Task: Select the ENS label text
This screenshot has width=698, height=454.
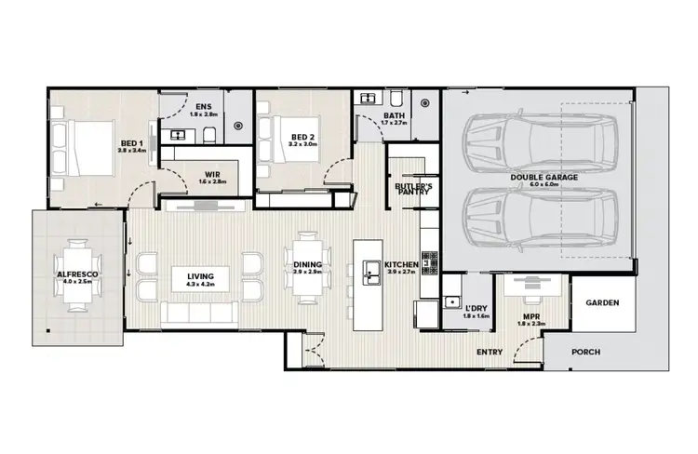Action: (x=203, y=107)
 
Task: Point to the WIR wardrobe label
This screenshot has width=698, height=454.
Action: (x=211, y=174)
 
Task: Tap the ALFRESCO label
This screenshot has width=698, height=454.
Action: (x=78, y=276)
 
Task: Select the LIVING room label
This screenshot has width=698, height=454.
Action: (x=201, y=276)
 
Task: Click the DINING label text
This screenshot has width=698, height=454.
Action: (x=307, y=266)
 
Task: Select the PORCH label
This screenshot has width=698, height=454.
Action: (x=585, y=352)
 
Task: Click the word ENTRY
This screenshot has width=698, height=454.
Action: (x=490, y=353)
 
